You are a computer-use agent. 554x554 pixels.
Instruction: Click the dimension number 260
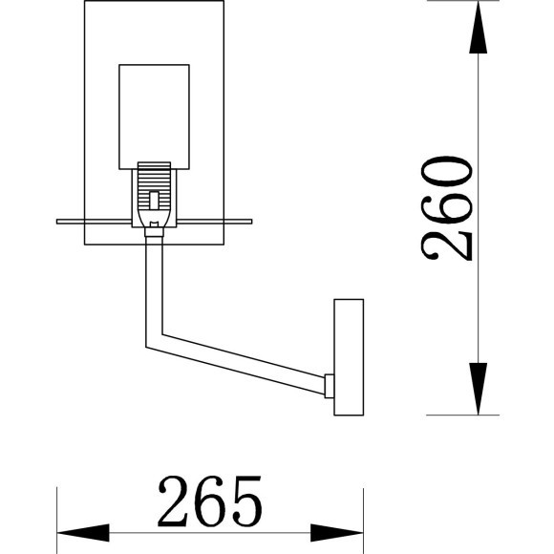[447, 207]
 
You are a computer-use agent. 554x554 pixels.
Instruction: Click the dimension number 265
[210, 501]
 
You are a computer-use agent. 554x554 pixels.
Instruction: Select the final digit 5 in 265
[244, 501]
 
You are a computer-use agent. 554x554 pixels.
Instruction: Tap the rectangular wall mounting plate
[349, 357]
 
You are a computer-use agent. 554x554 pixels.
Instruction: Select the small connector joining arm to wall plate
[329, 386]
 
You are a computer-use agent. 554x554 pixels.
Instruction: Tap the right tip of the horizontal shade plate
[252, 222]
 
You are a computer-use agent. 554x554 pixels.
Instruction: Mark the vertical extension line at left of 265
[59, 516]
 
